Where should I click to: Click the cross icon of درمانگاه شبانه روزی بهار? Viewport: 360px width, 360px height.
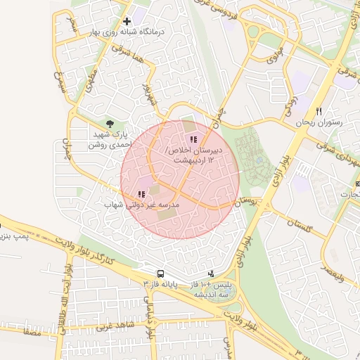(127, 22)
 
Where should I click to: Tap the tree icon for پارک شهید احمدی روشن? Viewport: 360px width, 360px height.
(108, 124)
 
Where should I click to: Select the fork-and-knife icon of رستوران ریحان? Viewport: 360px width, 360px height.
(319, 112)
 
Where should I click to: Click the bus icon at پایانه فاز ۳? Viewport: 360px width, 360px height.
(161, 274)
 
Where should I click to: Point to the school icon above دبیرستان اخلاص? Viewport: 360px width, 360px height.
(193, 140)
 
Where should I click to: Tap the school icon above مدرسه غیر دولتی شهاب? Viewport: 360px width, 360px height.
(141, 194)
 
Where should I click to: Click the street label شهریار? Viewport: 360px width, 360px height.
(147, 92)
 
